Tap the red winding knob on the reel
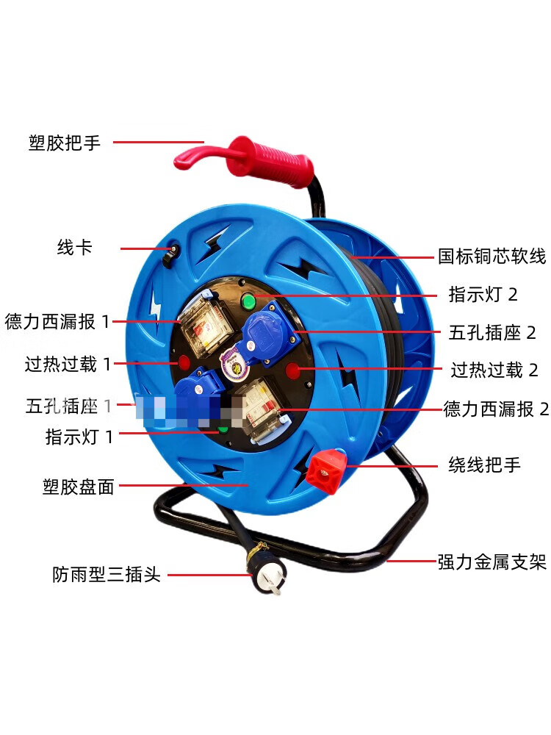[x=326, y=470]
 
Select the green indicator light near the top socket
[x=248, y=301]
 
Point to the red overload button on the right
[x=293, y=370]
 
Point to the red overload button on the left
[x=183, y=362]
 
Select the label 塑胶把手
[x=65, y=143]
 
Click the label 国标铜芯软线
[x=492, y=257]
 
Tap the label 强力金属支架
[x=492, y=562]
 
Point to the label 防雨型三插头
[x=107, y=574]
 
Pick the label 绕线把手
[x=484, y=465]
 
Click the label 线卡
[x=74, y=247]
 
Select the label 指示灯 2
[x=483, y=295]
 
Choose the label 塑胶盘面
[x=79, y=487]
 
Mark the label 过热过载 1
[x=68, y=364]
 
